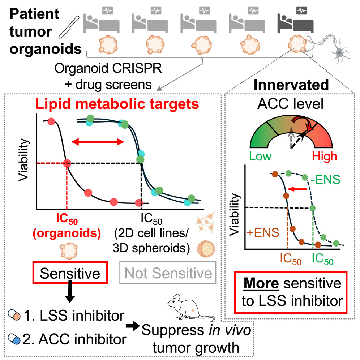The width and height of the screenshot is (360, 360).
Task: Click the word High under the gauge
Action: click(324, 156)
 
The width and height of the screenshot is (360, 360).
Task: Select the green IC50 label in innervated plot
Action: click(323, 258)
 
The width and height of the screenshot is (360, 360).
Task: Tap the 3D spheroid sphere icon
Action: click(207, 249)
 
